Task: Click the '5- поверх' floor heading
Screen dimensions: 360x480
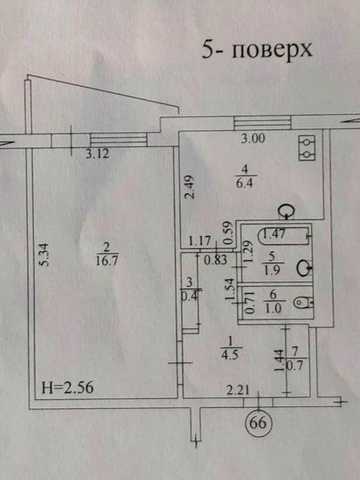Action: pos(257,51)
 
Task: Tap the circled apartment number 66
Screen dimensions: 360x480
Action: pos(259,423)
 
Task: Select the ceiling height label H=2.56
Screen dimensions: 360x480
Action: pos(68,388)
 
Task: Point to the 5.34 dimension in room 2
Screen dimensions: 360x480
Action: pos(44,255)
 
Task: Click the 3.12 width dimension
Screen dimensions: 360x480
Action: pos(97,154)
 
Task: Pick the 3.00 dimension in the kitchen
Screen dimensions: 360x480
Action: pos(253,138)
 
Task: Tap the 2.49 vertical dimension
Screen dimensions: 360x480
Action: pos(190,187)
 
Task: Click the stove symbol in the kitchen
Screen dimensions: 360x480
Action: pos(307,148)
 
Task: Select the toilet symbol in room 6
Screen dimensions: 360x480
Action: pos(303,303)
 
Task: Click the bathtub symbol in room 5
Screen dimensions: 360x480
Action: pos(285,235)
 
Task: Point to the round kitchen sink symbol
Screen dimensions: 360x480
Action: pos(287,211)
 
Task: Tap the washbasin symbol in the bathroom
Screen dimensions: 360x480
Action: pos(305,268)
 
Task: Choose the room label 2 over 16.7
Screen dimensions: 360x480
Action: pos(107,254)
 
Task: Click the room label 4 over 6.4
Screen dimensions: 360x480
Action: pos(244,176)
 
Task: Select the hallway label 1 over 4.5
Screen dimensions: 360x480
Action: pos(230,348)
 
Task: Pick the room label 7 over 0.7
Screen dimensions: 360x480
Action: pos(295,359)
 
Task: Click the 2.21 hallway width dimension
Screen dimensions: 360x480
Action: pos(238,389)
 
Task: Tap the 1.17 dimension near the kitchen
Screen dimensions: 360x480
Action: pos(200,241)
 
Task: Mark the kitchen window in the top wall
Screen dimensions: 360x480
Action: pos(262,123)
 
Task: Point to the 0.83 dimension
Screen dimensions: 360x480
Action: pos(216,260)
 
